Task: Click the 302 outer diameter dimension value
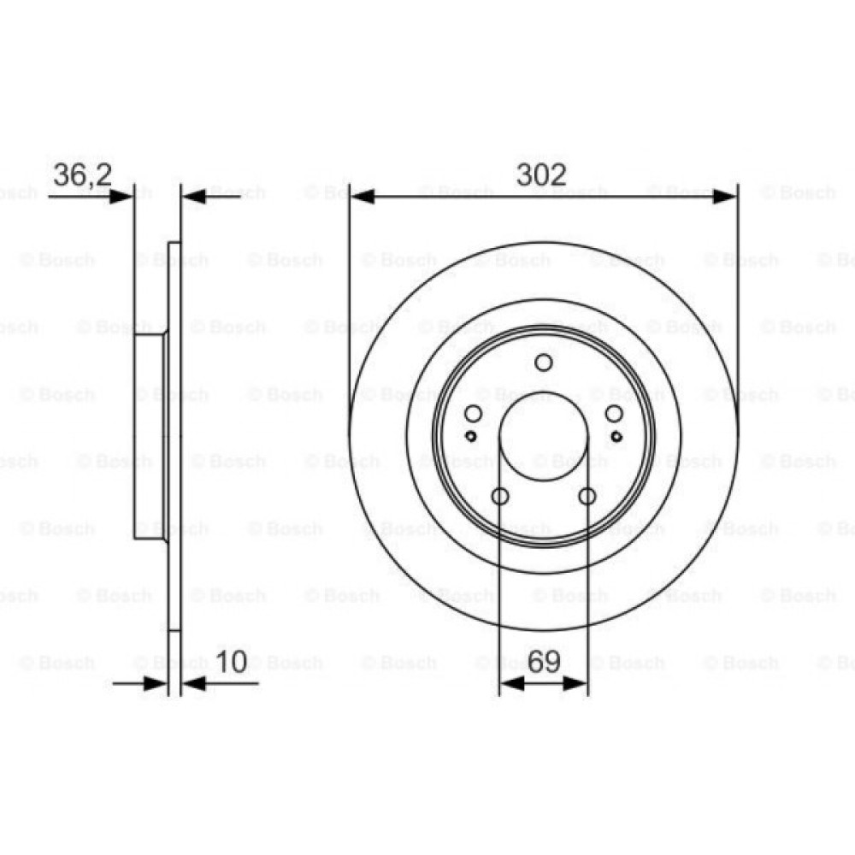(542, 174)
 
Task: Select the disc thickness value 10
(232, 661)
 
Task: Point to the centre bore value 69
(544, 661)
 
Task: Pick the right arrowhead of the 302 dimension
(724, 197)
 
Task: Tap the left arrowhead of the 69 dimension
(510, 682)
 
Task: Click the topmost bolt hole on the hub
(544, 363)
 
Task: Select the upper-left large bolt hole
(473, 415)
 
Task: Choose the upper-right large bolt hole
(614, 415)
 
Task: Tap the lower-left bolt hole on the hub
(500, 496)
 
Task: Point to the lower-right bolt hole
(587, 496)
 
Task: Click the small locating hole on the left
(471, 436)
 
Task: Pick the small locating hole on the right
(616, 436)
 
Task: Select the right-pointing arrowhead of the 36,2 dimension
(123, 197)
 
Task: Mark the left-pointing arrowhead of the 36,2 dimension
(195, 197)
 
